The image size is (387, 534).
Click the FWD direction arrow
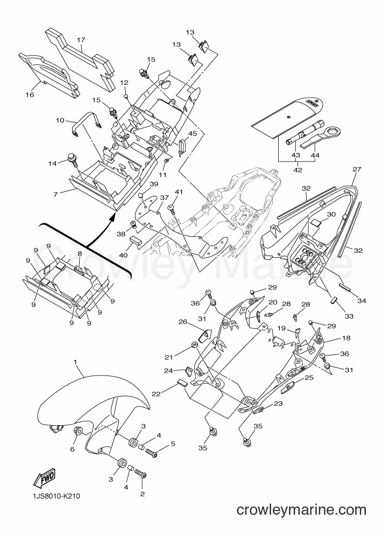tap(44, 478)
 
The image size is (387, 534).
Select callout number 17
tap(81, 40)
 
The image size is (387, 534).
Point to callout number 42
tap(297, 170)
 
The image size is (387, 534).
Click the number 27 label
tap(357, 169)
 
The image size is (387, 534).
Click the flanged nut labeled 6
tap(77, 431)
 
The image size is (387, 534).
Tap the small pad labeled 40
tap(134, 237)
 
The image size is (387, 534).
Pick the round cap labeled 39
tap(140, 195)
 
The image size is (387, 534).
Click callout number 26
tap(183, 322)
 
